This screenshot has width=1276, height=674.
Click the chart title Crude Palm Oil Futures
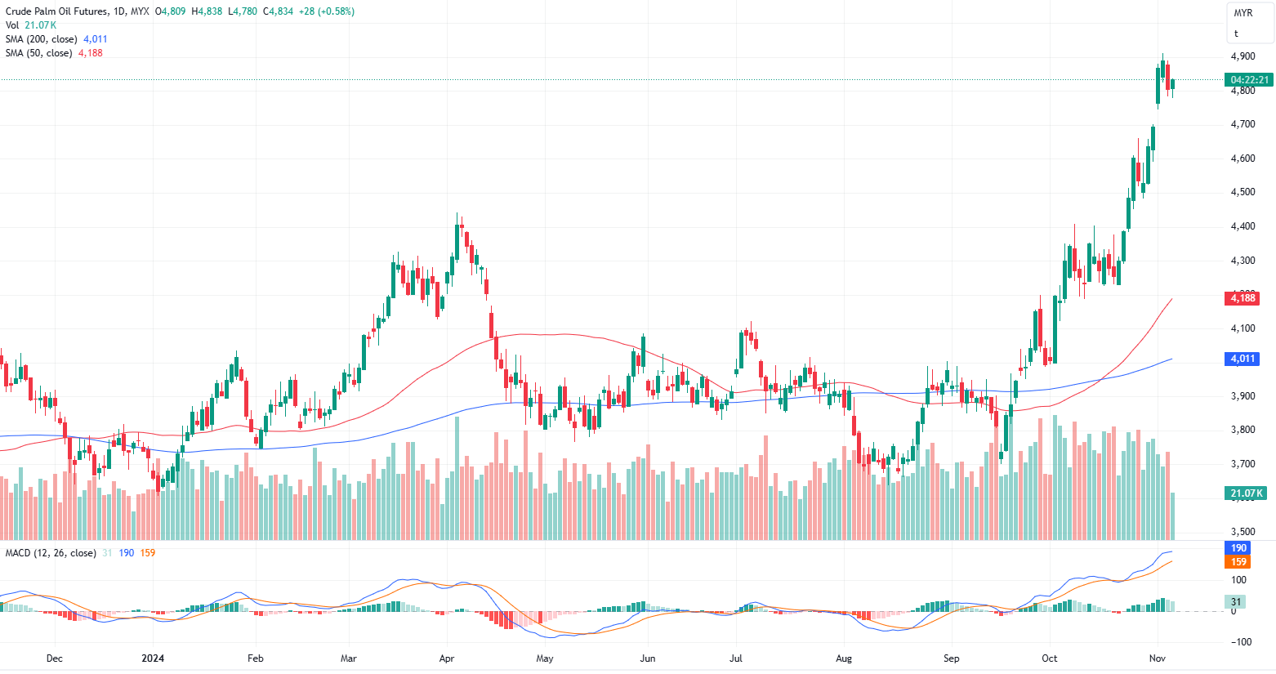pos(54,11)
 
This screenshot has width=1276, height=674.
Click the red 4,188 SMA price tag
pos(1243,298)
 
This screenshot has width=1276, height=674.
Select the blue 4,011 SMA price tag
pos(1243,359)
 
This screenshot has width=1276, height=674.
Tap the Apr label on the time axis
pos(447,658)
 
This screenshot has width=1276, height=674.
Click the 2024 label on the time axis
pos(153,658)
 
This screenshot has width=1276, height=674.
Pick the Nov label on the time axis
pos(1157,658)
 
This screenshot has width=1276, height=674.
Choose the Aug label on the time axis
pos(844,658)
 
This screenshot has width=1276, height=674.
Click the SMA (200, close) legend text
pos(42,39)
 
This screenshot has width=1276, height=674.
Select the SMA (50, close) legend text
pos(38,53)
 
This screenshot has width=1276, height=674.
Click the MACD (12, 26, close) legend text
pos(51,553)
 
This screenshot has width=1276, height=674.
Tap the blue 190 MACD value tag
pos(1238,548)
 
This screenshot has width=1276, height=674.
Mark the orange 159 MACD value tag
pos(1238,562)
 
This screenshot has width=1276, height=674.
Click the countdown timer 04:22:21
pos(1249,80)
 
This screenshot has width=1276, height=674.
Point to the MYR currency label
pos(1243,13)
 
